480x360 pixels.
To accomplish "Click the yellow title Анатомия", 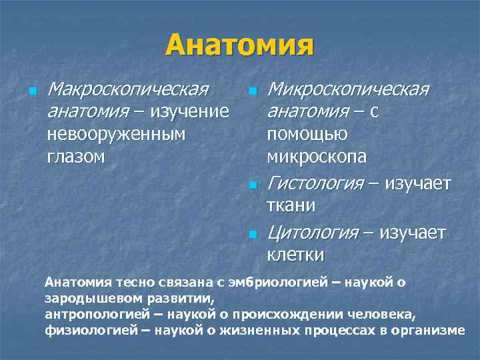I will click(240, 45).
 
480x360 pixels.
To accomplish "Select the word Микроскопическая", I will click(347, 89).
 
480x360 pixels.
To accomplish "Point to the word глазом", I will click(77, 157).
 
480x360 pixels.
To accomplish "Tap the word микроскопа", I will click(317, 157).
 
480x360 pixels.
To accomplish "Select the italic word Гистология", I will click(315, 183).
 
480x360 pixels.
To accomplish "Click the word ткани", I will click(291, 205).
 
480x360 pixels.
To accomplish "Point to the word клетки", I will click(295, 255).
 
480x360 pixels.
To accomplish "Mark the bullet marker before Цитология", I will click(251, 233).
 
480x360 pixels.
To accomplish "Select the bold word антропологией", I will click(89, 313).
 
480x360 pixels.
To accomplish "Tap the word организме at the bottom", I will click(430, 329).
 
